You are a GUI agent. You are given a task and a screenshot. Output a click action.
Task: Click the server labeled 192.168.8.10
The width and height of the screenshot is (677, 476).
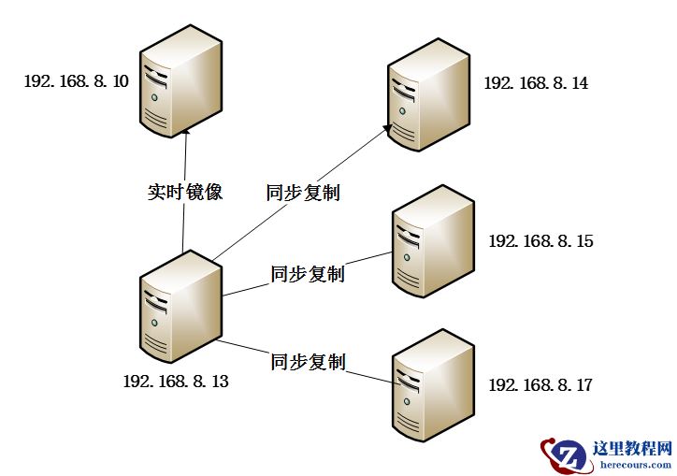[x=180, y=82]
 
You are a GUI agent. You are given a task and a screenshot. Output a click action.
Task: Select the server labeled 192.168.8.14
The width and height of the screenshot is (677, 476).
[x=427, y=95]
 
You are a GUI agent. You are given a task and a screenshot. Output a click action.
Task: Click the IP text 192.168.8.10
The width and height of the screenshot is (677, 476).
[x=77, y=82]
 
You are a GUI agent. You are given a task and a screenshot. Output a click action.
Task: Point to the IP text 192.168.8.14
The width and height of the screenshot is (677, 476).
[x=536, y=83]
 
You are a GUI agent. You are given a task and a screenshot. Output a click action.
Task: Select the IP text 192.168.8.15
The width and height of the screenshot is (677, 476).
[x=540, y=241]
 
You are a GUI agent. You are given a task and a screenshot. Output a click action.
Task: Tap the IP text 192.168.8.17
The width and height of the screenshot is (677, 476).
[x=540, y=384]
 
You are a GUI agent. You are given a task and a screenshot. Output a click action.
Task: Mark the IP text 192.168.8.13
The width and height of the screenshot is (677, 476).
[x=176, y=382]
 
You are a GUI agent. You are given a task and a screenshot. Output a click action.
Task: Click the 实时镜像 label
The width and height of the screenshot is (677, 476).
[x=185, y=193]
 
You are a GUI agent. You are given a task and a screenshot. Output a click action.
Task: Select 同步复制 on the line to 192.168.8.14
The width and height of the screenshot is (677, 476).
[x=302, y=194]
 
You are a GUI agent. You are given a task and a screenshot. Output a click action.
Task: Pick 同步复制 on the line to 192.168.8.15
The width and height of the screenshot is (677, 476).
[x=308, y=274]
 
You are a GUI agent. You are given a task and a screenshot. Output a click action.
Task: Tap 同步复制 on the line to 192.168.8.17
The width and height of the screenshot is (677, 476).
[x=308, y=361]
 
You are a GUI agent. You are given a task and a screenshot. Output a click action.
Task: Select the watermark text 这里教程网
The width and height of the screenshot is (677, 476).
[x=632, y=448]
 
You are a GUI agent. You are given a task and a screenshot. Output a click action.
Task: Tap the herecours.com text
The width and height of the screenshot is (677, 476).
[x=635, y=464]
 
